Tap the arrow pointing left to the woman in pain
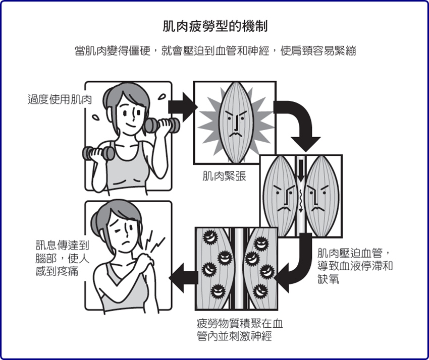click(183, 275)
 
